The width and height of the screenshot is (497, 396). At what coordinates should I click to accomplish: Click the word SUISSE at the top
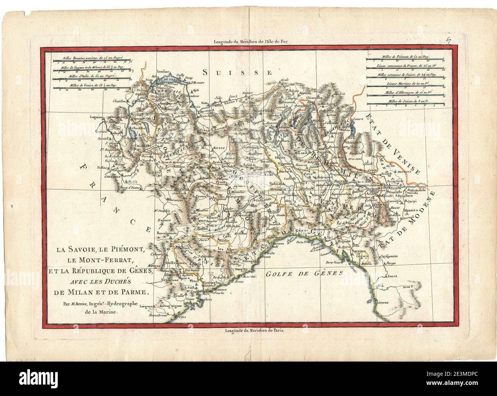237,72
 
